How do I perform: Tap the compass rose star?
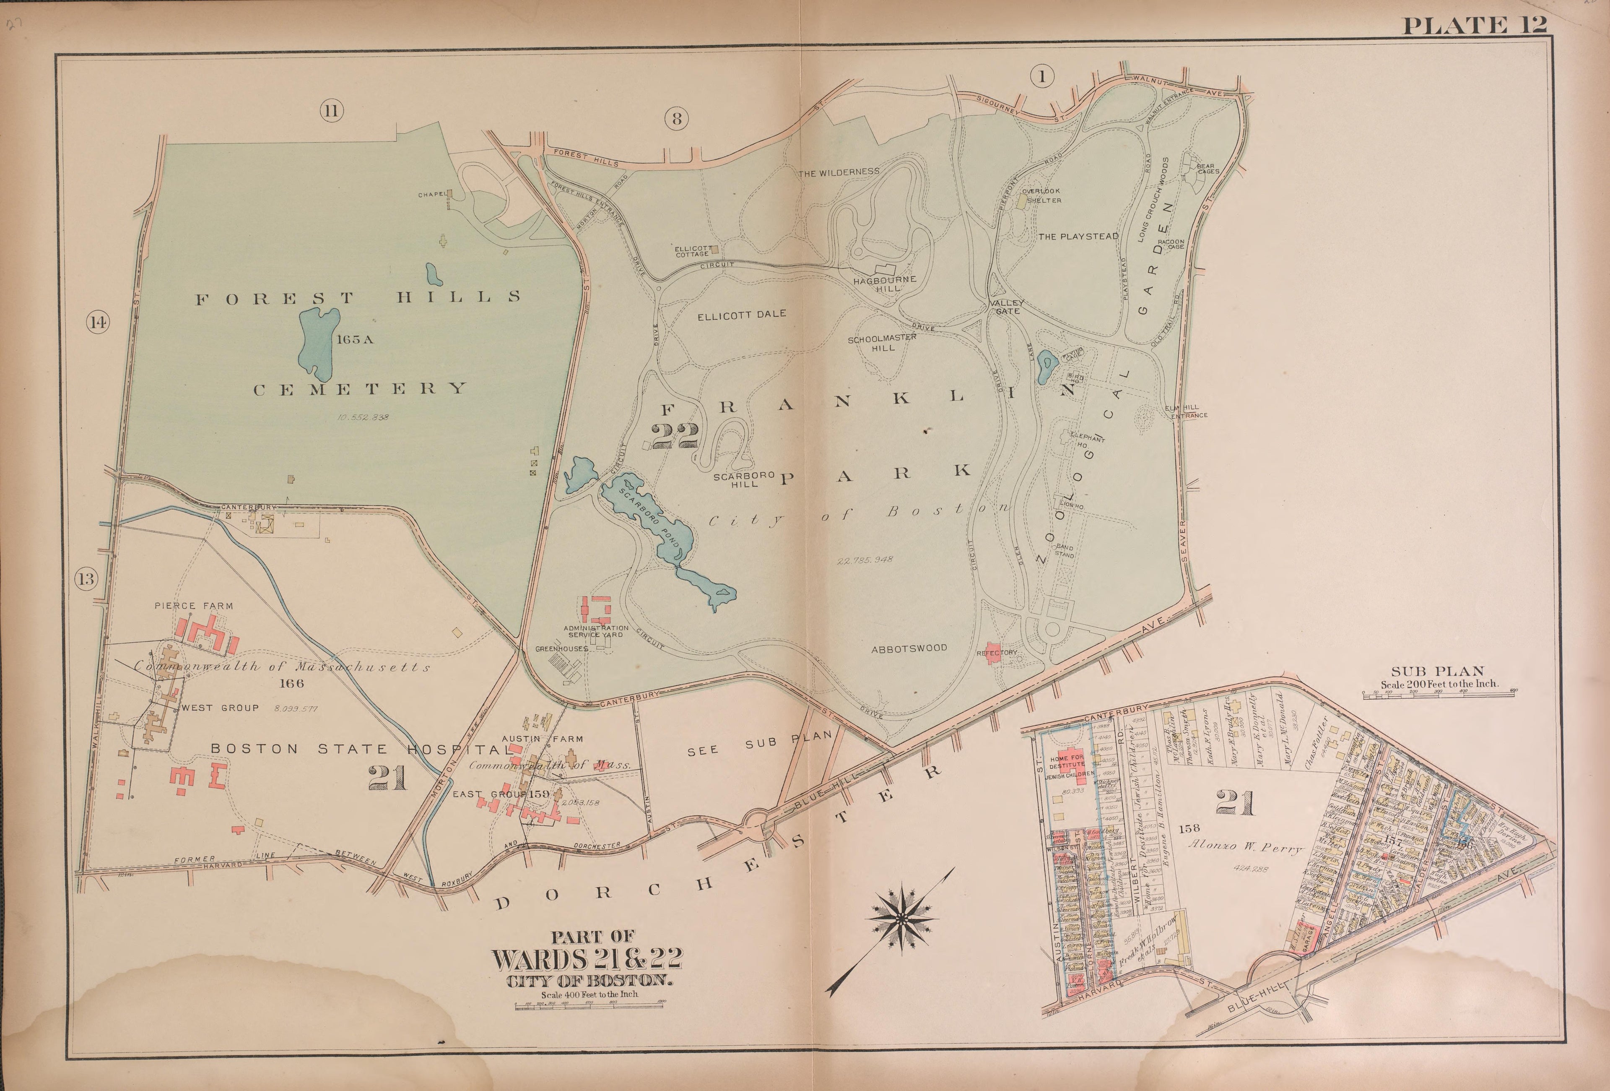point(901,919)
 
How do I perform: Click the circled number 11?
point(331,111)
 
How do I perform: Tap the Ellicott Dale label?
point(741,314)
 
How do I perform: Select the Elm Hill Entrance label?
point(1189,411)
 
